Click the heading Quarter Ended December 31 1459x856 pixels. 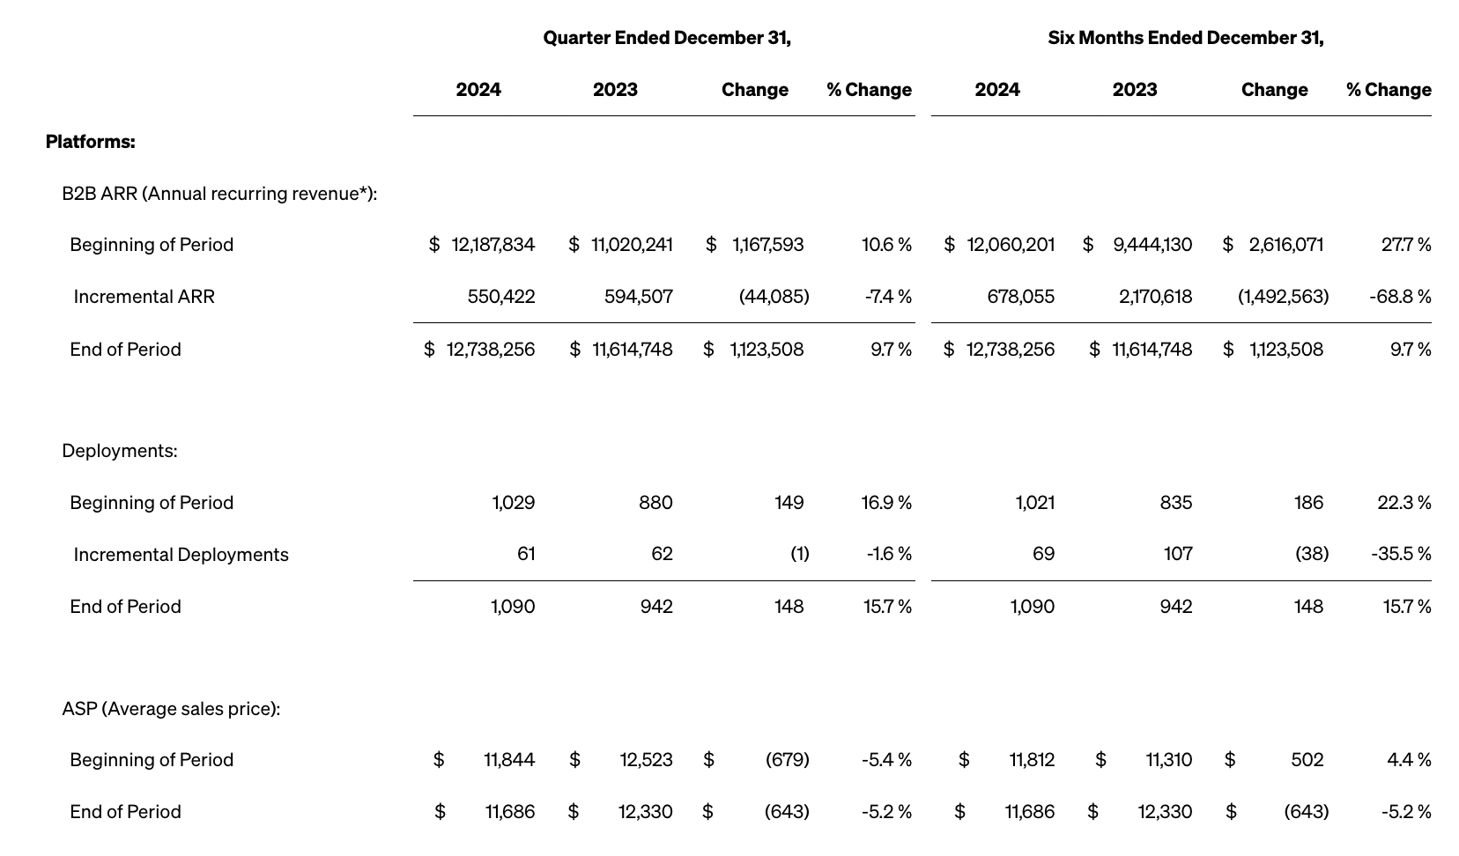[x=666, y=38]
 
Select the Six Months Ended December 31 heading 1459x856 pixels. [x=1185, y=38]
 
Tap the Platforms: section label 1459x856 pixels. [x=90, y=142]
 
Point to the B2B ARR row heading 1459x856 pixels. [x=219, y=194]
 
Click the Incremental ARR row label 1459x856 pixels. [x=144, y=297]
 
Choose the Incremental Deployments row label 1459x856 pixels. [x=181, y=555]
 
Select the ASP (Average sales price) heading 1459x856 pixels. [x=171, y=709]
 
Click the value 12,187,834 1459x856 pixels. [x=493, y=245]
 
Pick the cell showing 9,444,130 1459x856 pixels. [x=1152, y=245]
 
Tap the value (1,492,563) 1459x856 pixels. [x=1283, y=297]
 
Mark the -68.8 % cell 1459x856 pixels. [x=1400, y=297]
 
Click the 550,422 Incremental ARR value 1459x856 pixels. [x=500, y=297]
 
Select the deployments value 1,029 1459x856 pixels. [x=513, y=503]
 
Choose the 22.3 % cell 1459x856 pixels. [x=1403, y=503]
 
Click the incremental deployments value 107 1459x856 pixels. [x=1177, y=554]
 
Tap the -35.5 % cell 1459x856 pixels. [x=1401, y=554]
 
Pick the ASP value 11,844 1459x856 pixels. [x=508, y=760]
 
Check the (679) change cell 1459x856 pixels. [x=787, y=760]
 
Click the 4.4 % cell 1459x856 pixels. [x=1409, y=760]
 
